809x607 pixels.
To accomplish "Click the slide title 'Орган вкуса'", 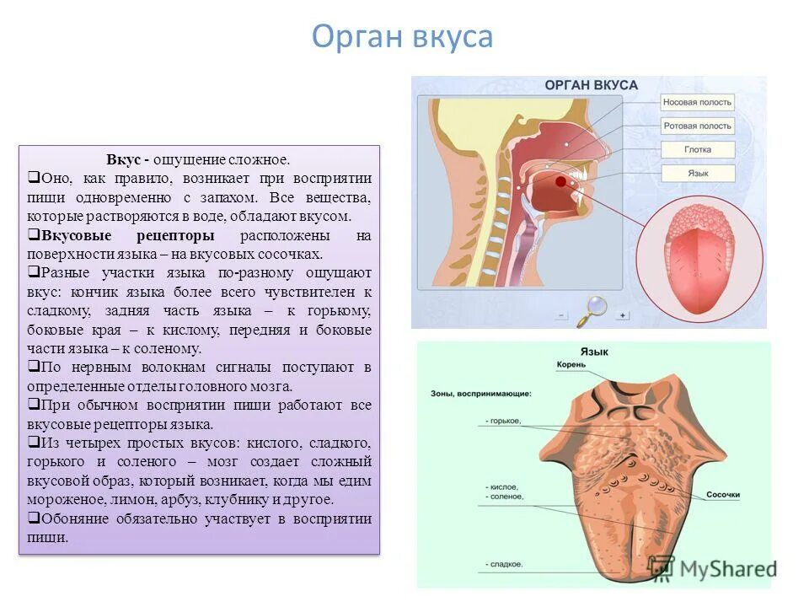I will point(402,37).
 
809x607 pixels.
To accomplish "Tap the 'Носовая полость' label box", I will point(697,102).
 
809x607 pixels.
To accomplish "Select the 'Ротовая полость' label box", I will point(697,126).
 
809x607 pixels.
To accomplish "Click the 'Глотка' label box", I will point(697,149).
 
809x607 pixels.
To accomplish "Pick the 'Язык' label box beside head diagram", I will point(697,173).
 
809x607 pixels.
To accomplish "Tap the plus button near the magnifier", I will point(623,315).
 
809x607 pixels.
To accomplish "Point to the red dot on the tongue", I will point(560,180).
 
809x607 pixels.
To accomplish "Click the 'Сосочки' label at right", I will point(722,495).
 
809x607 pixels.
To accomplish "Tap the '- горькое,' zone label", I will point(504,421).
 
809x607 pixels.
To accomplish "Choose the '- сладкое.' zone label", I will point(504,564).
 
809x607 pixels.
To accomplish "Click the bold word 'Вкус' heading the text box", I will point(123,159).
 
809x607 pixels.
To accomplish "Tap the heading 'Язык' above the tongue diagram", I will point(594,351).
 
